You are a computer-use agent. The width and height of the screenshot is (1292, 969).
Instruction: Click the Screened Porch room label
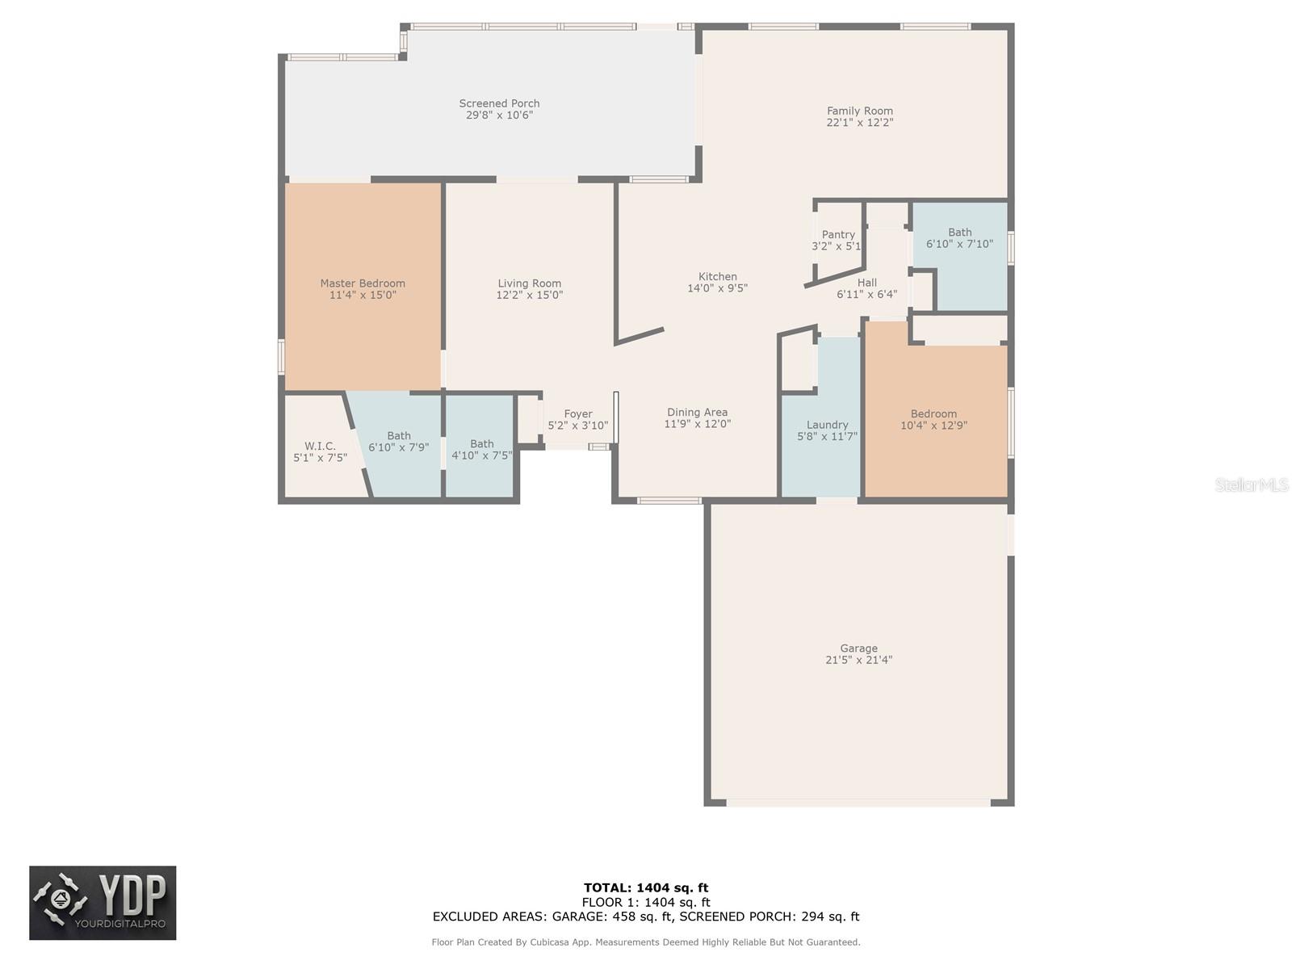coord(499,103)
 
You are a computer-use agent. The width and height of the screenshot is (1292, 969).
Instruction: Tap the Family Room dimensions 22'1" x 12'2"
coord(859,123)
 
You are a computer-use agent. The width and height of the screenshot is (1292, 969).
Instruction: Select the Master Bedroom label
coord(363,283)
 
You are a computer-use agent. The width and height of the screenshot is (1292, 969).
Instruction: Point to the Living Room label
coord(529,283)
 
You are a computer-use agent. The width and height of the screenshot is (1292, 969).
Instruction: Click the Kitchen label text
coord(717,277)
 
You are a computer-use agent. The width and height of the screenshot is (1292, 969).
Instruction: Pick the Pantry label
coord(838,235)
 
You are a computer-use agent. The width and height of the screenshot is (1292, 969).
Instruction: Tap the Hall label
coord(866,283)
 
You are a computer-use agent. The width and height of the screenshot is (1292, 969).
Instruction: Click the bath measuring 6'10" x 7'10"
coord(959,238)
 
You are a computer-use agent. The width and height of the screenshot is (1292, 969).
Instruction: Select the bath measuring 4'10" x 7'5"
coord(481,450)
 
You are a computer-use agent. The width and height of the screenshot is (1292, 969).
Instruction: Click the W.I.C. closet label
coord(320,447)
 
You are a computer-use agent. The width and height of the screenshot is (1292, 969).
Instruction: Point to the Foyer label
coord(577,414)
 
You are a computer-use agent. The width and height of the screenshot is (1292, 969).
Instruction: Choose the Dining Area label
coord(697,413)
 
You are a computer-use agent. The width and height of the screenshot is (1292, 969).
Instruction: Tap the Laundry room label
coord(827,425)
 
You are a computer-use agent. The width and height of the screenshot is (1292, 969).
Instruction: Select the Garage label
coord(858,648)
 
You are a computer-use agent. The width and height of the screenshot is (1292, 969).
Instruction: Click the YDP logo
coord(103,903)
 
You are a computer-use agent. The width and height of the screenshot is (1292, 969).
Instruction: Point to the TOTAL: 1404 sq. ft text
coord(646,888)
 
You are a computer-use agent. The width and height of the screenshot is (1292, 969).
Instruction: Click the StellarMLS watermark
coord(1251,485)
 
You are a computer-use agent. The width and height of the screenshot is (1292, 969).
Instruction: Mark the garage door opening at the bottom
coord(858,803)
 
